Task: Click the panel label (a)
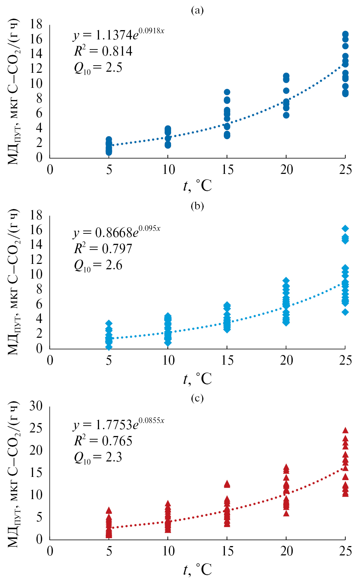[197, 10]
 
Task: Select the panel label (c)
[197, 398]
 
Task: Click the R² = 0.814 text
[103, 51]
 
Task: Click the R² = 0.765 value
[103, 441]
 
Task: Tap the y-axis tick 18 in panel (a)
[36, 24]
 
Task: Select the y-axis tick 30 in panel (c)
[36, 406]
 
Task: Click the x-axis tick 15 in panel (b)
[227, 360]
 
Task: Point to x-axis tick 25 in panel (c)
[346, 551]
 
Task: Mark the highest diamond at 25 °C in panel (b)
[345, 228]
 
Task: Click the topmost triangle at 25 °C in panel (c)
[345, 430]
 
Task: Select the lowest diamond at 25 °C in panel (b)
[345, 312]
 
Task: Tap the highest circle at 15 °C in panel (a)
[227, 92]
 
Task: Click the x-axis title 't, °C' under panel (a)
[197, 186]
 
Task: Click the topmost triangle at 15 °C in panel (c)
[227, 484]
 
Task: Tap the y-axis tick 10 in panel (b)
[36, 274]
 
